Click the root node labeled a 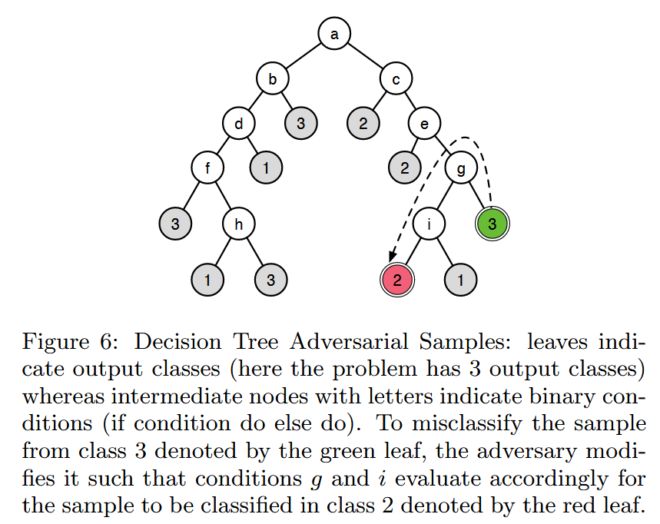pos(334,34)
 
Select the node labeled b pos(271,78)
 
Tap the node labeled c pos(396,78)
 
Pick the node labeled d pos(239,123)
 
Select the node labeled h pos(239,224)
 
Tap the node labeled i pos(429,224)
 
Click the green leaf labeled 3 pos(493,224)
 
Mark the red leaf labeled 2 pos(397,280)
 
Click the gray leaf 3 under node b pos(301,123)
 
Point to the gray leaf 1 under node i pos(460,280)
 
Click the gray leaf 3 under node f pos(175,224)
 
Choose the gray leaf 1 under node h pos(207,280)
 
